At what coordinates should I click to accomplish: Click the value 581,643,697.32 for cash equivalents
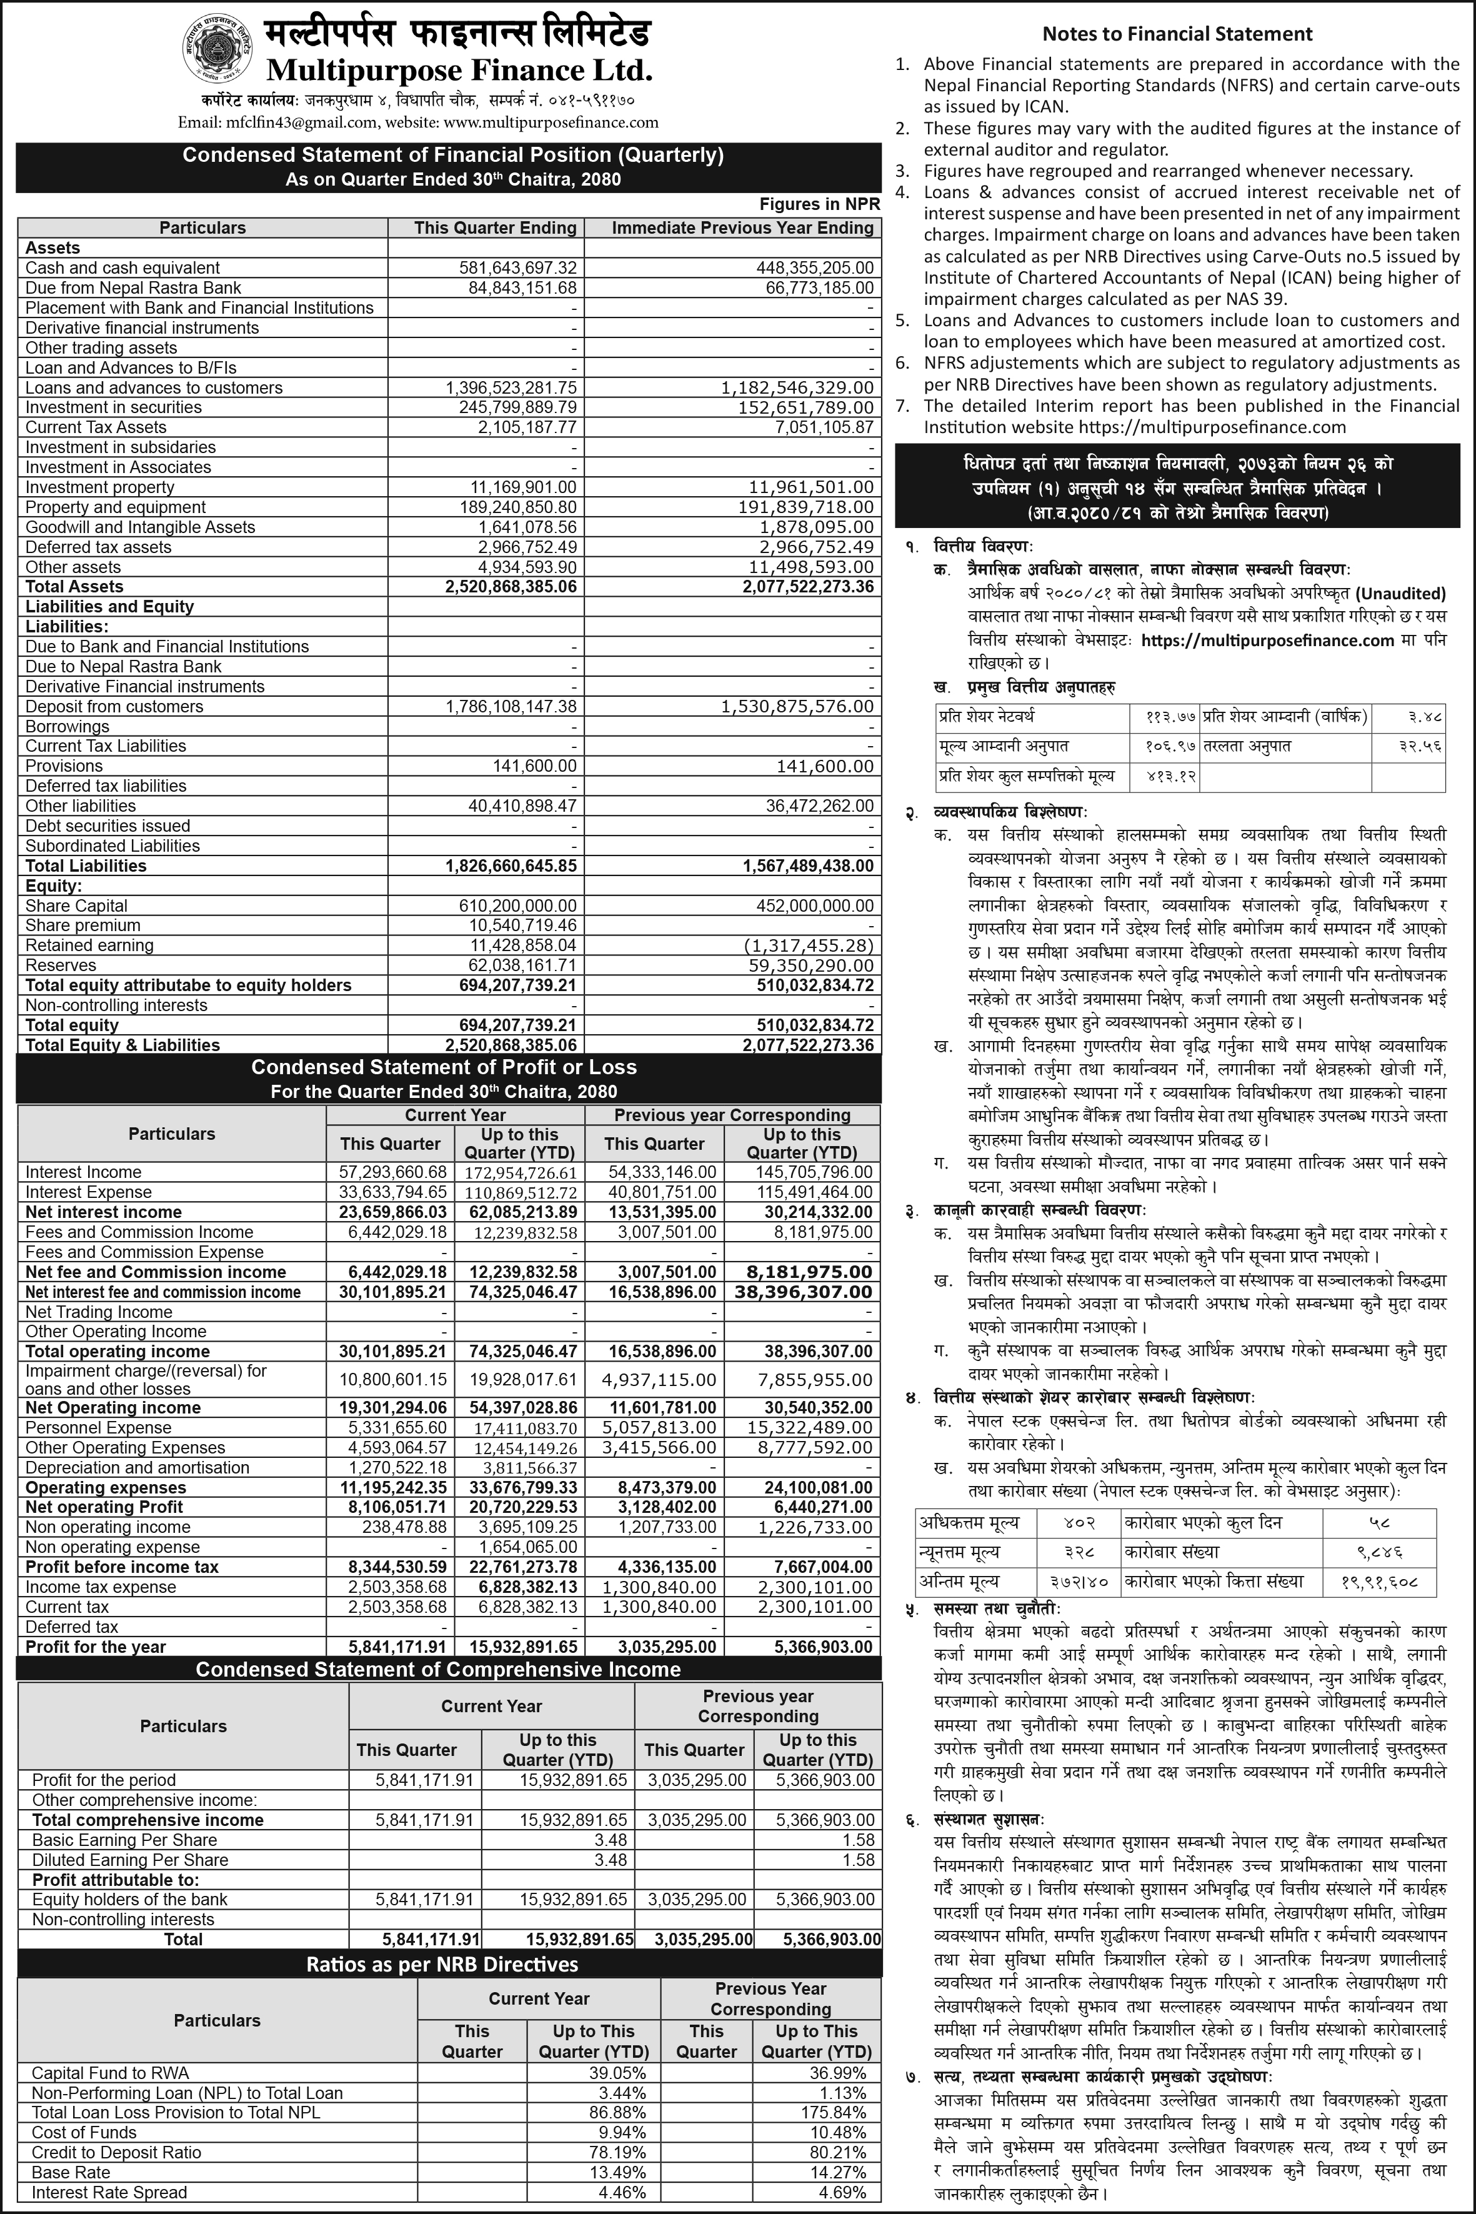pos(518,268)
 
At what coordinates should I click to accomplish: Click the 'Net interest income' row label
pos(104,1212)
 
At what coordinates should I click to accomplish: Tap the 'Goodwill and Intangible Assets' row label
pos(140,527)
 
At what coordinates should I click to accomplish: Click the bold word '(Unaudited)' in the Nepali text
pos(1400,594)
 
